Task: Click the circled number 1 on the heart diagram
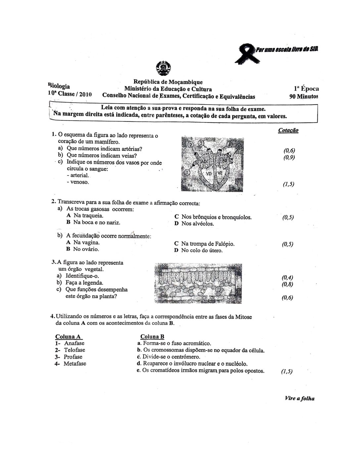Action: [187, 172]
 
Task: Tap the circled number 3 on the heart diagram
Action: [201, 143]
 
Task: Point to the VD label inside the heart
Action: [209, 173]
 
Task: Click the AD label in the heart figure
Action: [204, 161]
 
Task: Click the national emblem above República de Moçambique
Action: [163, 68]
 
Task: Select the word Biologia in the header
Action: [59, 86]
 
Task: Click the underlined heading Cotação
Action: [288, 130]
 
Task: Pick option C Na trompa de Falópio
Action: [204, 244]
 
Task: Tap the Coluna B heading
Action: [152, 337]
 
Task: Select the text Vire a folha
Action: [299, 398]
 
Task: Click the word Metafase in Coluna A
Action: [75, 363]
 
